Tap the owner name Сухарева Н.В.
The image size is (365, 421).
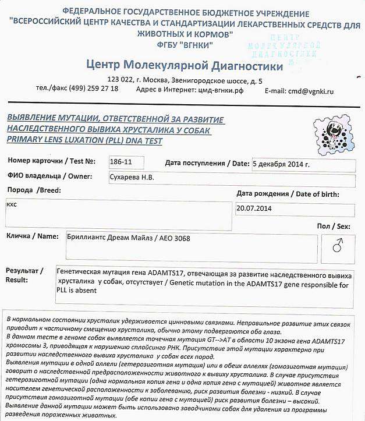click(132, 176)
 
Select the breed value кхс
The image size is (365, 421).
click(12, 205)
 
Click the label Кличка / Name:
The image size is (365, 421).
click(33, 236)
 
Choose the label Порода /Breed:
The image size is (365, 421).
click(33, 190)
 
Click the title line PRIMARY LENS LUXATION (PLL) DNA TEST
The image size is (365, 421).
click(84, 140)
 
